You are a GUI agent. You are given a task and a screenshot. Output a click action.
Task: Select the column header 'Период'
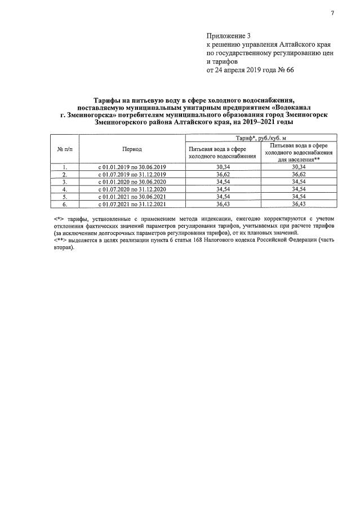(x=132, y=149)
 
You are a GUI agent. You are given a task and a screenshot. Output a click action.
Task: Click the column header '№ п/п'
(x=65, y=149)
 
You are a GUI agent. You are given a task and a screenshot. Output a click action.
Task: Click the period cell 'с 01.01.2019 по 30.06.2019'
(x=132, y=167)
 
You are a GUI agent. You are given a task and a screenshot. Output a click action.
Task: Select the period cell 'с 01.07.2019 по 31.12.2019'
(x=132, y=175)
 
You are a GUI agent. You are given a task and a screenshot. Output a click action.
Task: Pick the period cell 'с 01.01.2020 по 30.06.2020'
(x=132, y=183)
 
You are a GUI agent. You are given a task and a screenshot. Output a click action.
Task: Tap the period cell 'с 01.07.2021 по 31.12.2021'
(x=132, y=205)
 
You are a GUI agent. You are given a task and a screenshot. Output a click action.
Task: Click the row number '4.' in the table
(x=65, y=190)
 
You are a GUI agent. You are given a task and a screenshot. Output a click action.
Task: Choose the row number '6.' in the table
(x=65, y=205)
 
